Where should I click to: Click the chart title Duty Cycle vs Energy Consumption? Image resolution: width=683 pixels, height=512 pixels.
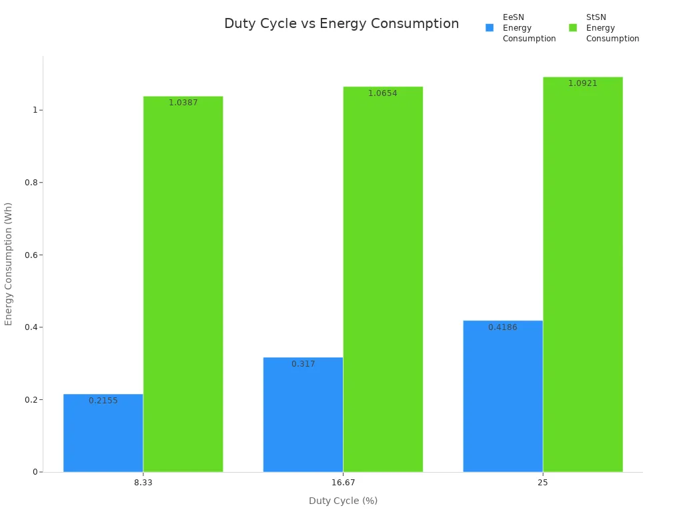coord(341,23)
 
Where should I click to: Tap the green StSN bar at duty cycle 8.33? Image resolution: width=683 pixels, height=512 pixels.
coord(183,287)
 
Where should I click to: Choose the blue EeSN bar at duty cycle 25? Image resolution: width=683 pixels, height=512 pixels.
coord(503,400)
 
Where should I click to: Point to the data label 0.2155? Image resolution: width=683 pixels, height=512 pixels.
coord(103,401)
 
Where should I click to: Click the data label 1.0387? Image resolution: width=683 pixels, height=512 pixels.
coord(183,103)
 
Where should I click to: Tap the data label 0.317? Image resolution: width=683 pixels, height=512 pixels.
coord(303,364)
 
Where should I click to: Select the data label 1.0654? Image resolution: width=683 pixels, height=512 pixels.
coord(383,93)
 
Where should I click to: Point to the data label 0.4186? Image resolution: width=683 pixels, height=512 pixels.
coord(503,327)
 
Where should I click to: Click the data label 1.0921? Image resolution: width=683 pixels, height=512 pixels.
coord(582,83)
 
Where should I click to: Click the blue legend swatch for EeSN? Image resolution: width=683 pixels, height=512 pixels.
coord(490,28)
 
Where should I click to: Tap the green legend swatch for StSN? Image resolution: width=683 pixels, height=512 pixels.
coord(573,28)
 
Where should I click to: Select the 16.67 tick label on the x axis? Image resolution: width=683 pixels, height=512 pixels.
coord(343,482)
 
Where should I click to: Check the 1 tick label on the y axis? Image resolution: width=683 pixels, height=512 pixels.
coord(33,110)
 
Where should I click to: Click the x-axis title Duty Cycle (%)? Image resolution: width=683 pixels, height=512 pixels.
coord(343,501)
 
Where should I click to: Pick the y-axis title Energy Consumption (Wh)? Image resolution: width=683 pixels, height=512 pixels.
coord(9,264)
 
